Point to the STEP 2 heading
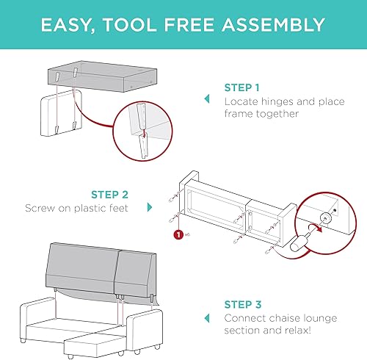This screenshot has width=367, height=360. pos(109,195)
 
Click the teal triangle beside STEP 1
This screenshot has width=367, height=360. pos(206,101)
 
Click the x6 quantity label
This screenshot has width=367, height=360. pos(188,236)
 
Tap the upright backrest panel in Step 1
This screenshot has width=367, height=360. pos(56,114)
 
